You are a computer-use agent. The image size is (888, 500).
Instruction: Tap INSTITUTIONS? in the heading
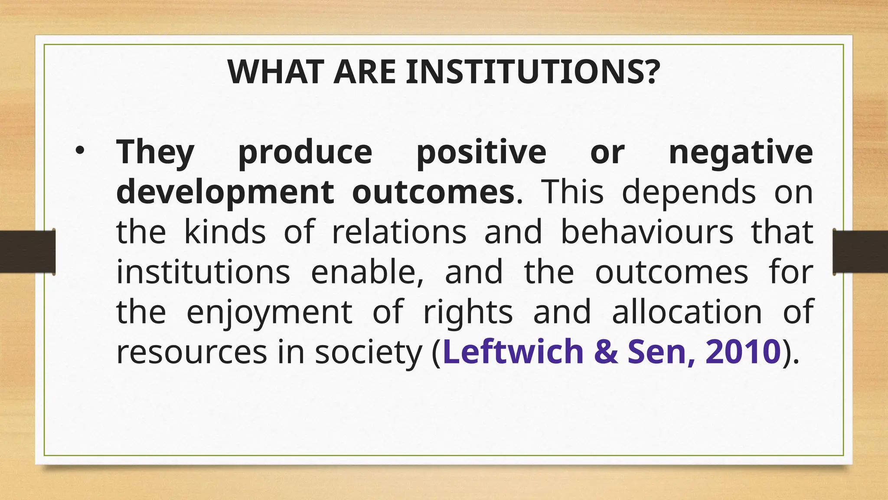(533, 72)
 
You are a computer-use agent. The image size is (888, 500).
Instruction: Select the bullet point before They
(80, 150)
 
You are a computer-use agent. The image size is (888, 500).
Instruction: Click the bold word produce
(305, 152)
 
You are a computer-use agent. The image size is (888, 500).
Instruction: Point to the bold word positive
(481, 152)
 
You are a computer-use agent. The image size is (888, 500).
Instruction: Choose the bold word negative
(741, 152)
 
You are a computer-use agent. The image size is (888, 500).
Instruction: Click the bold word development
(225, 192)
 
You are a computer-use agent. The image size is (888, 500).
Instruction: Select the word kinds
(225, 232)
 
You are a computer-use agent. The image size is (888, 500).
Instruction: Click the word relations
(399, 232)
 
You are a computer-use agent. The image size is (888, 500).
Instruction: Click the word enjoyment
(269, 312)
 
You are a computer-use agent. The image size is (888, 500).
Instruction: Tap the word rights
(468, 312)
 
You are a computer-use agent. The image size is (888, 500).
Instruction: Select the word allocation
(687, 312)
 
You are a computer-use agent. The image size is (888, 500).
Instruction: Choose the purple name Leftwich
(513, 351)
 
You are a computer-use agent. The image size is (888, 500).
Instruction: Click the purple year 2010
(743, 351)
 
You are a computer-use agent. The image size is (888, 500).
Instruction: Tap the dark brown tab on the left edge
(27, 252)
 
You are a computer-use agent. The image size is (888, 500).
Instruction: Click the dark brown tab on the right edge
(860, 252)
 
